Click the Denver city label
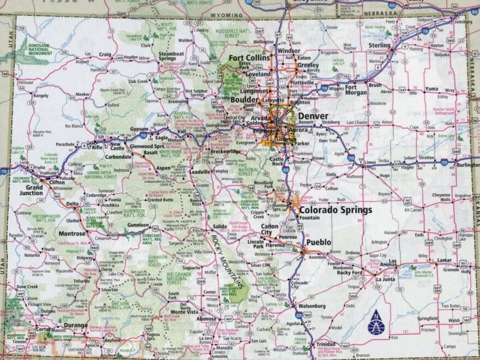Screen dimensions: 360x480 click(x=313, y=116)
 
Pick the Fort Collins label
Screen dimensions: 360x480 click(x=249, y=58)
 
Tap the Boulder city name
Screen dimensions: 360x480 click(x=248, y=100)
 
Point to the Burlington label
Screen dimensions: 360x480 click(x=469, y=165)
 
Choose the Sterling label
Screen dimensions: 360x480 click(x=380, y=45)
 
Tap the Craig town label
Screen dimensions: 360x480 click(x=105, y=55)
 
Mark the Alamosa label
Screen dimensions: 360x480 click(x=207, y=319)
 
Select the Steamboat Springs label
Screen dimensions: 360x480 click(x=171, y=56)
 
